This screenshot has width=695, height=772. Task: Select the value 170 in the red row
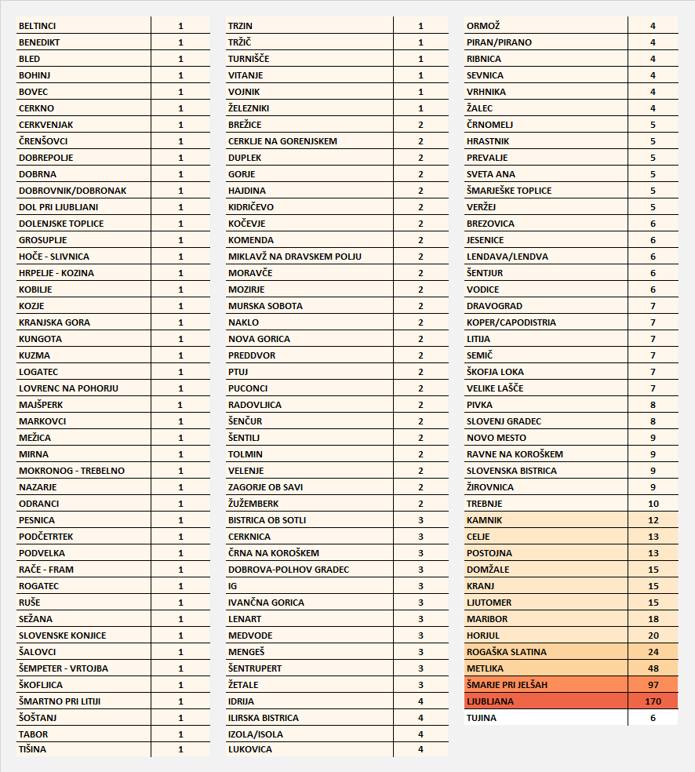click(x=653, y=701)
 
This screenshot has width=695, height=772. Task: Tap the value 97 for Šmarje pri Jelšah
click(x=653, y=685)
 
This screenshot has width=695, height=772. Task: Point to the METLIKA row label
click(x=486, y=668)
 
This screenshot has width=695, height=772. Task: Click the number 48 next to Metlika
click(x=653, y=668)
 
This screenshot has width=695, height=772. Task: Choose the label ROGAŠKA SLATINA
click(x=507, y=652)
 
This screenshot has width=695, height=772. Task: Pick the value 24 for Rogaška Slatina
click(x=653, y=652)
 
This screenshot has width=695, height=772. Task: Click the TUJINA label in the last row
click(x=482, y=718)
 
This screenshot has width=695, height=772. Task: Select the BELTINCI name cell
click(x=38, y=26)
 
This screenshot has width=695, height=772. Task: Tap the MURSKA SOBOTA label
click(x=265, y=306)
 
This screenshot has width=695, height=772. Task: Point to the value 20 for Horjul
click(x=653, y=635)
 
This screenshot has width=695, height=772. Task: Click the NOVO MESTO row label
click(x=497, y=438)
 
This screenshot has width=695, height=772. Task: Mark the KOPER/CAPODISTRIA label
click(x=511, y=322)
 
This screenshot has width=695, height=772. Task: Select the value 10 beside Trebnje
click(x=653, y=504)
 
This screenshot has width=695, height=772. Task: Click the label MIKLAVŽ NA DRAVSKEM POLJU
click(x=295, y=257)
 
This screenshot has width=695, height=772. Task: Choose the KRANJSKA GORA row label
click(x=54, y=322)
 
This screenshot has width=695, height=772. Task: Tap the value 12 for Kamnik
click(x=653, y=520)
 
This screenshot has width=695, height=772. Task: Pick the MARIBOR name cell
click(x=486, y=619)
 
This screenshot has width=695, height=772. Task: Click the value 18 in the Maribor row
click(x=653, y=619)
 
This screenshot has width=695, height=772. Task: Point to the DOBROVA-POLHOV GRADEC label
click(x=289, y=570)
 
